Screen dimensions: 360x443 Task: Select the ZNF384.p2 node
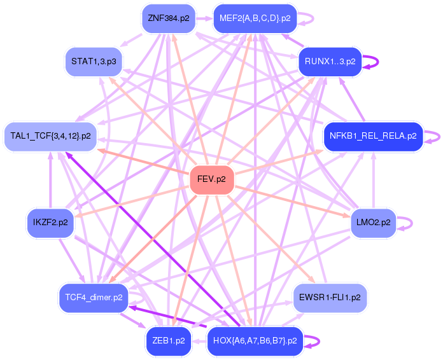click(x=169, y=18)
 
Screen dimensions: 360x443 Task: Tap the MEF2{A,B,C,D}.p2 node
click(x=255, y=18)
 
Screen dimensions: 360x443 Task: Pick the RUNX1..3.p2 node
click(x=330, y=62)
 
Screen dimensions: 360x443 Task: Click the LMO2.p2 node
click(x=374, y=223)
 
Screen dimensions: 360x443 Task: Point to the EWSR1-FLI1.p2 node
click(x=330, y=297)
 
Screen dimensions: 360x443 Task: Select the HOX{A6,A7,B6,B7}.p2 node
click(x=255, y=340)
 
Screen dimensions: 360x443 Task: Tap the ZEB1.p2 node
click(x=169, y=340)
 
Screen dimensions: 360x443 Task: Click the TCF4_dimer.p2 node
click(x=94, y=297)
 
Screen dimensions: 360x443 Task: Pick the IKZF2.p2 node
click(x=50, y=223)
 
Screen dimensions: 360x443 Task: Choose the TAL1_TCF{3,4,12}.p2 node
click(x=50, y=136)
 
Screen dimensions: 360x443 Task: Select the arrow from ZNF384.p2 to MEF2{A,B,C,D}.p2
click(x=204, y=18)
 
